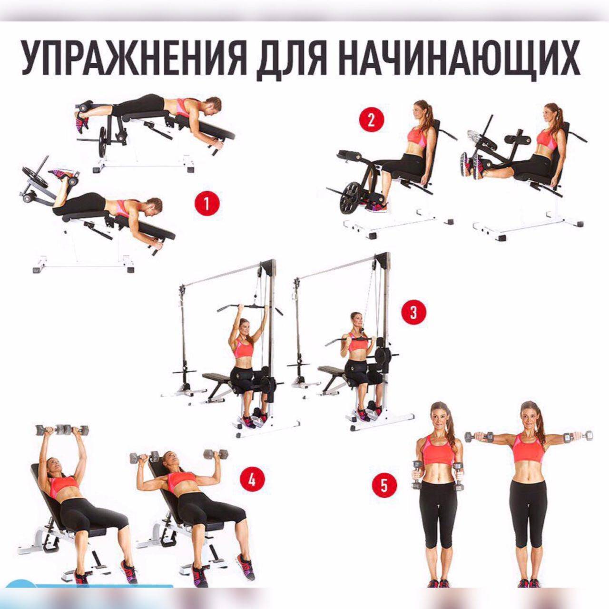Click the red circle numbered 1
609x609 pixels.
(206, 204)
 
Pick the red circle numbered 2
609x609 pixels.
(371, 121)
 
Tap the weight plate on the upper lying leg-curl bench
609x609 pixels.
(103, 142)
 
